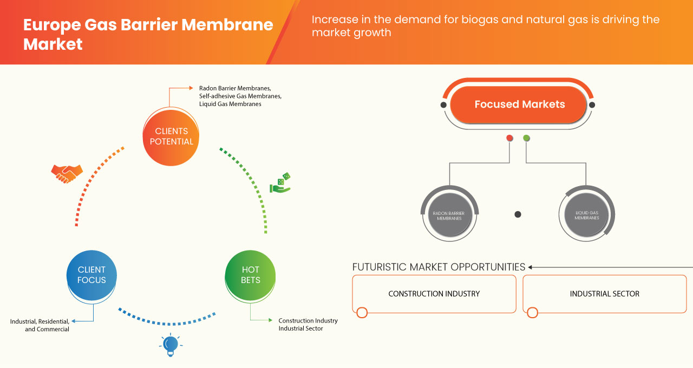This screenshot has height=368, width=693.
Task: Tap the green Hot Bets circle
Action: coord(250,275)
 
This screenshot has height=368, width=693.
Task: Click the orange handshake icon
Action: coord(67,173)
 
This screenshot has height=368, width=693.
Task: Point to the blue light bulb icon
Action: coord(171,345)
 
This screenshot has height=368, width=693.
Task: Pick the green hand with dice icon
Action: coord(280,183)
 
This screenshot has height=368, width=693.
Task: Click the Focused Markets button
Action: coord(519,104)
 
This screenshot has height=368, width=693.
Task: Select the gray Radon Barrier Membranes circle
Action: coord(449,215)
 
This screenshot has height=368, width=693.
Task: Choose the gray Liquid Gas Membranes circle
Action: coord(586,215)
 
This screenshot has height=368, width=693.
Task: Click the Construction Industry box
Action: coord(434,294)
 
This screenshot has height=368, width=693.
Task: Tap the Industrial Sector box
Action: coord(604,294)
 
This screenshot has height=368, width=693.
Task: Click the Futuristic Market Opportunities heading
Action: coord(439,267)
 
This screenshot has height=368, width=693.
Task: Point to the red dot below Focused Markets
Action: coord(509,139)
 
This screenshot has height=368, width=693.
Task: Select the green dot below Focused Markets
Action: coord(526,139)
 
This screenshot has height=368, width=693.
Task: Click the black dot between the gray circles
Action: coord(518,215)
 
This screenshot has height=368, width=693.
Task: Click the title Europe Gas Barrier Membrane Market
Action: coord(148,35)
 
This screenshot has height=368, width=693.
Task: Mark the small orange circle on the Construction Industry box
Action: coord(362,312)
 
